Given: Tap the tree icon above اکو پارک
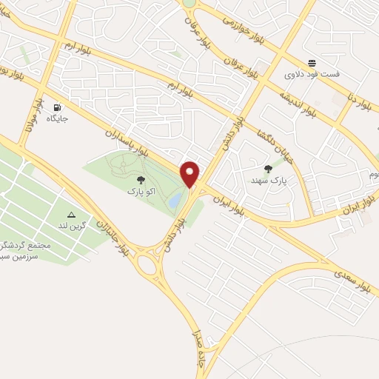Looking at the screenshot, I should (x=141, y=180).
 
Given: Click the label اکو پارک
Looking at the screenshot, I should (x=141, y=192).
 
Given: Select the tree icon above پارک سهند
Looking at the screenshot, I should (x=267, y=169).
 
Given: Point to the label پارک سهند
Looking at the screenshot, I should (x=267, y=181).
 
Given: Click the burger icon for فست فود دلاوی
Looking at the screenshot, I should (x=312, y=63).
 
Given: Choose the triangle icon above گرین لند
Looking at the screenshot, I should (x=72, y=213).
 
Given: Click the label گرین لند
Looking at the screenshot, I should (x=73, y=224).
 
